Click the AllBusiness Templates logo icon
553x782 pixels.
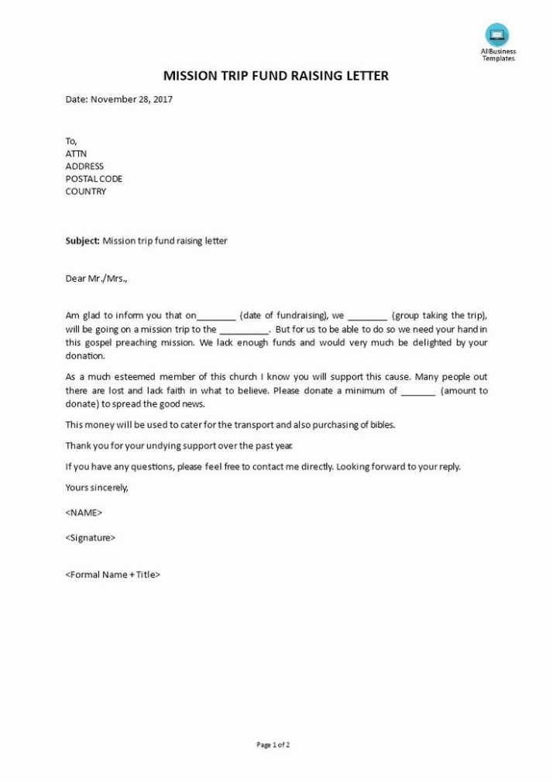pos(496,35)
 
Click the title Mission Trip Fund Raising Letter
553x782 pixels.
pos(276,76)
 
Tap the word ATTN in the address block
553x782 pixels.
pos(76,153)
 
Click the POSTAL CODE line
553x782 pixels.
pos(94,179)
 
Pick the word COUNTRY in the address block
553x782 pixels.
pos(86,191)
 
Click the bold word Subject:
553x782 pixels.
pos(83,241)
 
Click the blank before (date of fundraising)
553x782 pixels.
pos(217,317)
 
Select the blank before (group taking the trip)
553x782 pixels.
pos(367,317)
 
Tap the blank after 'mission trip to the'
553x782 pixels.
pos(244,330)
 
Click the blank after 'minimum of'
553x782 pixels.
pos(419,392)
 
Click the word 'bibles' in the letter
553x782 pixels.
pos(381,425)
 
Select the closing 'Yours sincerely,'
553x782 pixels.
pos(97,488)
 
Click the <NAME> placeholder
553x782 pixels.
pos(84,513)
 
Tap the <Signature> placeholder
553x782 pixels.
pos(91,537)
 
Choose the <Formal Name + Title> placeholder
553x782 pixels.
pos(113,574)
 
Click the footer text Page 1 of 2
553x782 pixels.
pos(273,745)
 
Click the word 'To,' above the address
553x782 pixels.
pos(71,141)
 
